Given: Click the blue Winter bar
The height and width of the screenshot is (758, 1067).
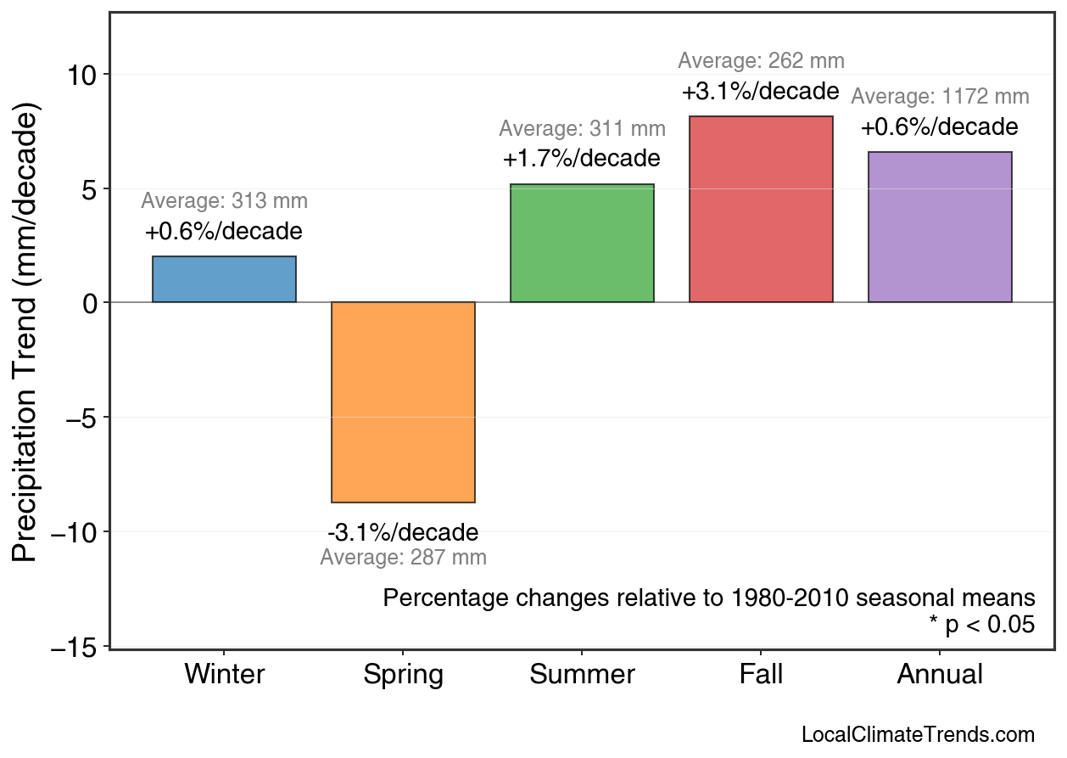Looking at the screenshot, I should tap(224, 279).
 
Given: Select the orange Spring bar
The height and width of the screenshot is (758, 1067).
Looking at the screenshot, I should tap(403, 402).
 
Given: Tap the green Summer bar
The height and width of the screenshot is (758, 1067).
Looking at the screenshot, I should tap(582, 244).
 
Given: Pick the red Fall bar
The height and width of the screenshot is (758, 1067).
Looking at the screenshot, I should tap(761, 209).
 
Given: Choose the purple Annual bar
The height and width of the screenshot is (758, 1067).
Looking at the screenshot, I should tap(940, 227).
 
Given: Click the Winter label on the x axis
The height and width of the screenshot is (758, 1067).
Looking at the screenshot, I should tap(224, 675).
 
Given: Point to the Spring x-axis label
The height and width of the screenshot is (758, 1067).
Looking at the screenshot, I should tap(403, 676).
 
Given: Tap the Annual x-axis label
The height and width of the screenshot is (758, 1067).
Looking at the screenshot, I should tap(940, 675).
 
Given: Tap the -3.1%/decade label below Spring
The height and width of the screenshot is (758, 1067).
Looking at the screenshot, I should tap(403, 533).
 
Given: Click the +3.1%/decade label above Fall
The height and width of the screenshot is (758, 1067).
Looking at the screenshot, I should tap(760, 91).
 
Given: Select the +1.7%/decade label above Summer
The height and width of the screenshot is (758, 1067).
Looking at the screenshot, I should tap(581, 159).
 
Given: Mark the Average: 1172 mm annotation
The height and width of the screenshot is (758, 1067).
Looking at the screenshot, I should tap(940, 97).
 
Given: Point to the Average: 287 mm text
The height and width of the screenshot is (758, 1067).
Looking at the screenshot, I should tap(403, 558).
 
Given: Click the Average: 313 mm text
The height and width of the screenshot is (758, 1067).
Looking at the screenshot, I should tap(224, 201).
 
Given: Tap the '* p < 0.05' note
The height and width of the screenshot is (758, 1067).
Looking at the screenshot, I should tap(981, 625).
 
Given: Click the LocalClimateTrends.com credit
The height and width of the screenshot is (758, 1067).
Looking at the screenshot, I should tap(918, 735).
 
